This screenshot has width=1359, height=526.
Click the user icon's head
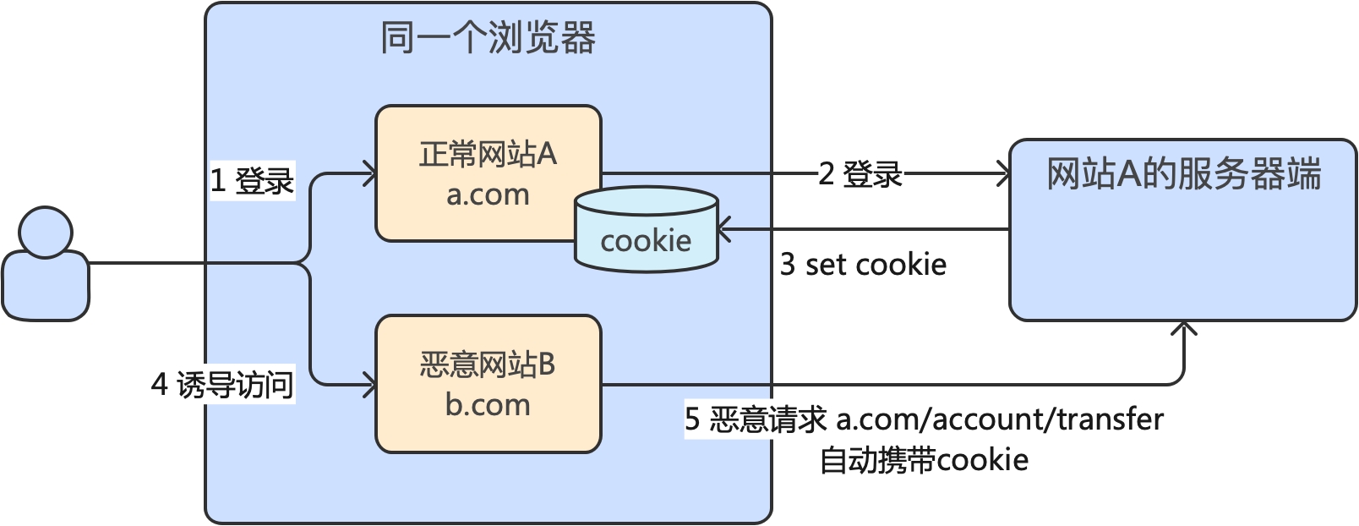(x=46, y=232)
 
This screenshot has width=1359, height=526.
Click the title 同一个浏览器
(x=488, y=38)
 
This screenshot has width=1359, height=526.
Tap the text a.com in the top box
(x=488, y=195)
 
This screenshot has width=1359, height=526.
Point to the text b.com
(x=488, y=404)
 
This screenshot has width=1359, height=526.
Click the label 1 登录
(x=251, y=180)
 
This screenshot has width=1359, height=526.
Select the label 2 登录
(x=860, y=174)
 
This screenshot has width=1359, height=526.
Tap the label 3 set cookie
(x=862, y=265)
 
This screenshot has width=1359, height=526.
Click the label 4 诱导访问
(x=222, y=385)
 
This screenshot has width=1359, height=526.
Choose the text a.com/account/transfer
(x=1000, y=419)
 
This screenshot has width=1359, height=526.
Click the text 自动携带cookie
(x=924, y=460)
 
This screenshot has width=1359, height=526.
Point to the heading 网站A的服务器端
(x=1183, y=174)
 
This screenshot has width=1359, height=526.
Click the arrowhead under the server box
(x=1184, y=328)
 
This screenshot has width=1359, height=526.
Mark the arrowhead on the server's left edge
(x=1004, y=174)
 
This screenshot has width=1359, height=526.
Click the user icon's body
(x=46, y=288)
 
